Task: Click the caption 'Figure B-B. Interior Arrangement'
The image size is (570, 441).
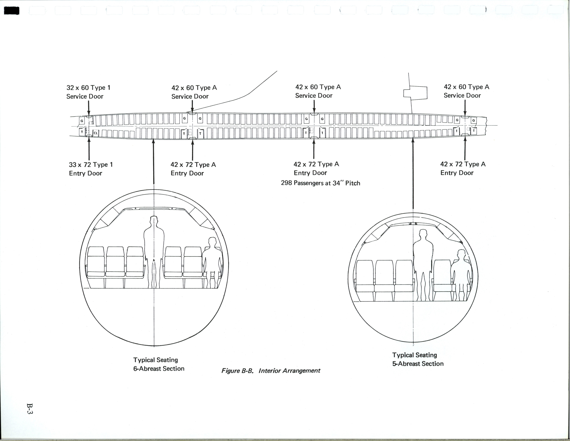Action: click(271, 371)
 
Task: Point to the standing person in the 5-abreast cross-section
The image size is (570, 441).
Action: click(423, 264)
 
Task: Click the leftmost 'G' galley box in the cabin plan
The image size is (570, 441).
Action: click(82, 121)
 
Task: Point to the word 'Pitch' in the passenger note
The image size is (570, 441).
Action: click(353, 183)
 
